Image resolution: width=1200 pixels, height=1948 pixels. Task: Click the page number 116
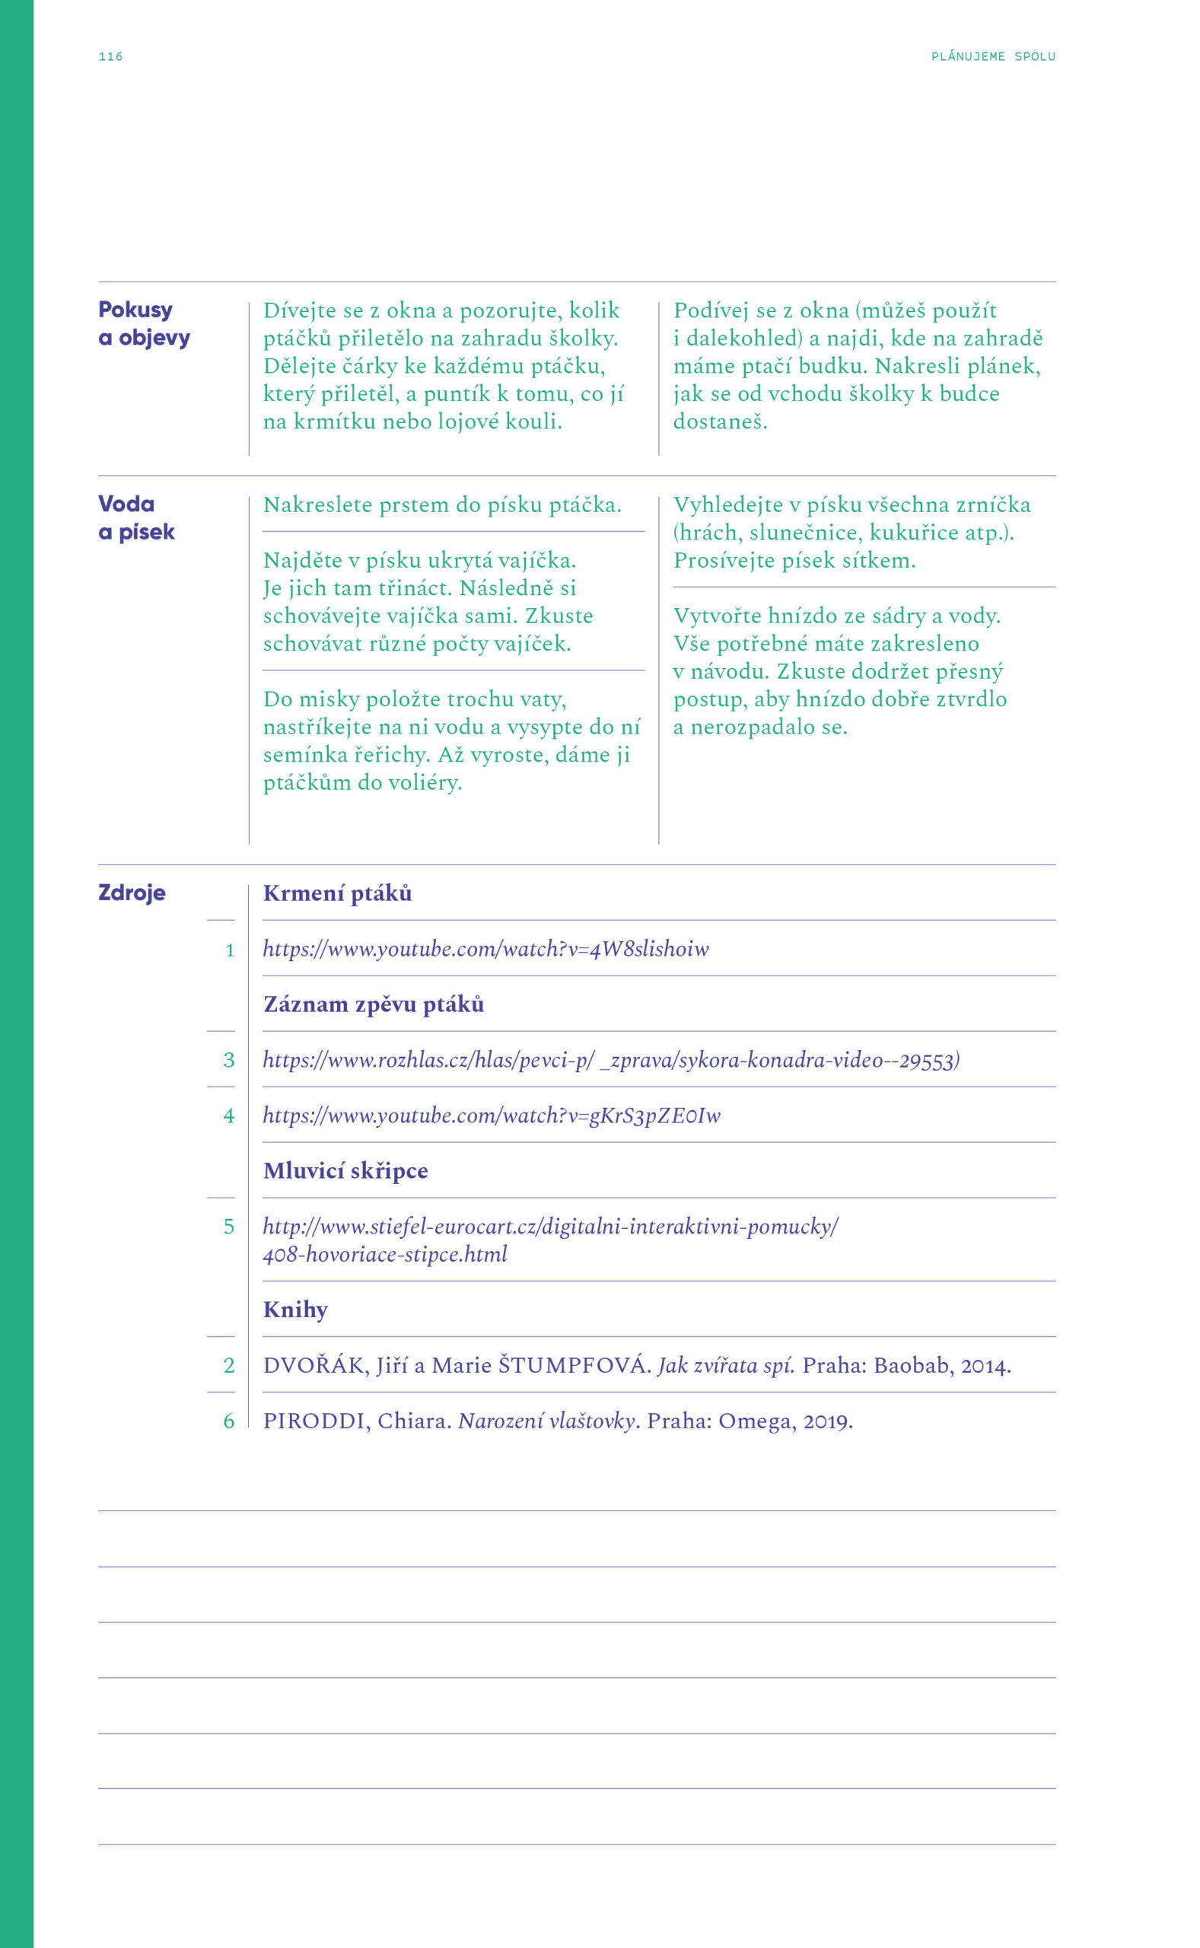click(x=110, y=56)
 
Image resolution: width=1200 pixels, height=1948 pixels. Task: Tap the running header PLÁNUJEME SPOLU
click(x=992, y=56)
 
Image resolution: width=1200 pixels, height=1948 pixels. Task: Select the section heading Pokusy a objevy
click(x=144, y=323)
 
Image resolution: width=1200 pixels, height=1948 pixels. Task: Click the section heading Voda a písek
click(x=135, y=517)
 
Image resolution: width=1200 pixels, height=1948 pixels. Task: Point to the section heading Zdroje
click(x=132, y=893)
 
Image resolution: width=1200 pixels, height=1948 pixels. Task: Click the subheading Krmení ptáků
click(x=337, y=893)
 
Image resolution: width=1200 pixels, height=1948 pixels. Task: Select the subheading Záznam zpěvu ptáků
click(x=373, y=1004)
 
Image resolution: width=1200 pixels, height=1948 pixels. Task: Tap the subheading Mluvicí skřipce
click(x=345, y=1171)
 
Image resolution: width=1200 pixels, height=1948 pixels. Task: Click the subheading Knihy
click(x=295, y=1310)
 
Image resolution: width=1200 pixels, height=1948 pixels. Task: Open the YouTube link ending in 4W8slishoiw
click(x=485, y=949)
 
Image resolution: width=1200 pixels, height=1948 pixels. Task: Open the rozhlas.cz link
click(x=611, y=1060)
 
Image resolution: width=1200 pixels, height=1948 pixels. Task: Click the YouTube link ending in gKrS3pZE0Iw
click(x=492, y=1116)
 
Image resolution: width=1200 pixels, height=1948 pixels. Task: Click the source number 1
click(x=229, y=950)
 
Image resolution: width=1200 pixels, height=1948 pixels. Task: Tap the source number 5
click(x=228, y=1227)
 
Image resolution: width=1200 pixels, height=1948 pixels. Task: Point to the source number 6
click(x=228, y=1421)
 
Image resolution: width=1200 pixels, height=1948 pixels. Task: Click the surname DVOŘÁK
click(x=314, y=1366)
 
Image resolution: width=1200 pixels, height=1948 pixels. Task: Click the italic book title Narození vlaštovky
click(x=548, y=1421)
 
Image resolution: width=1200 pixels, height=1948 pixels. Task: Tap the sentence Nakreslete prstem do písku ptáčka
click(x=442, y=505)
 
